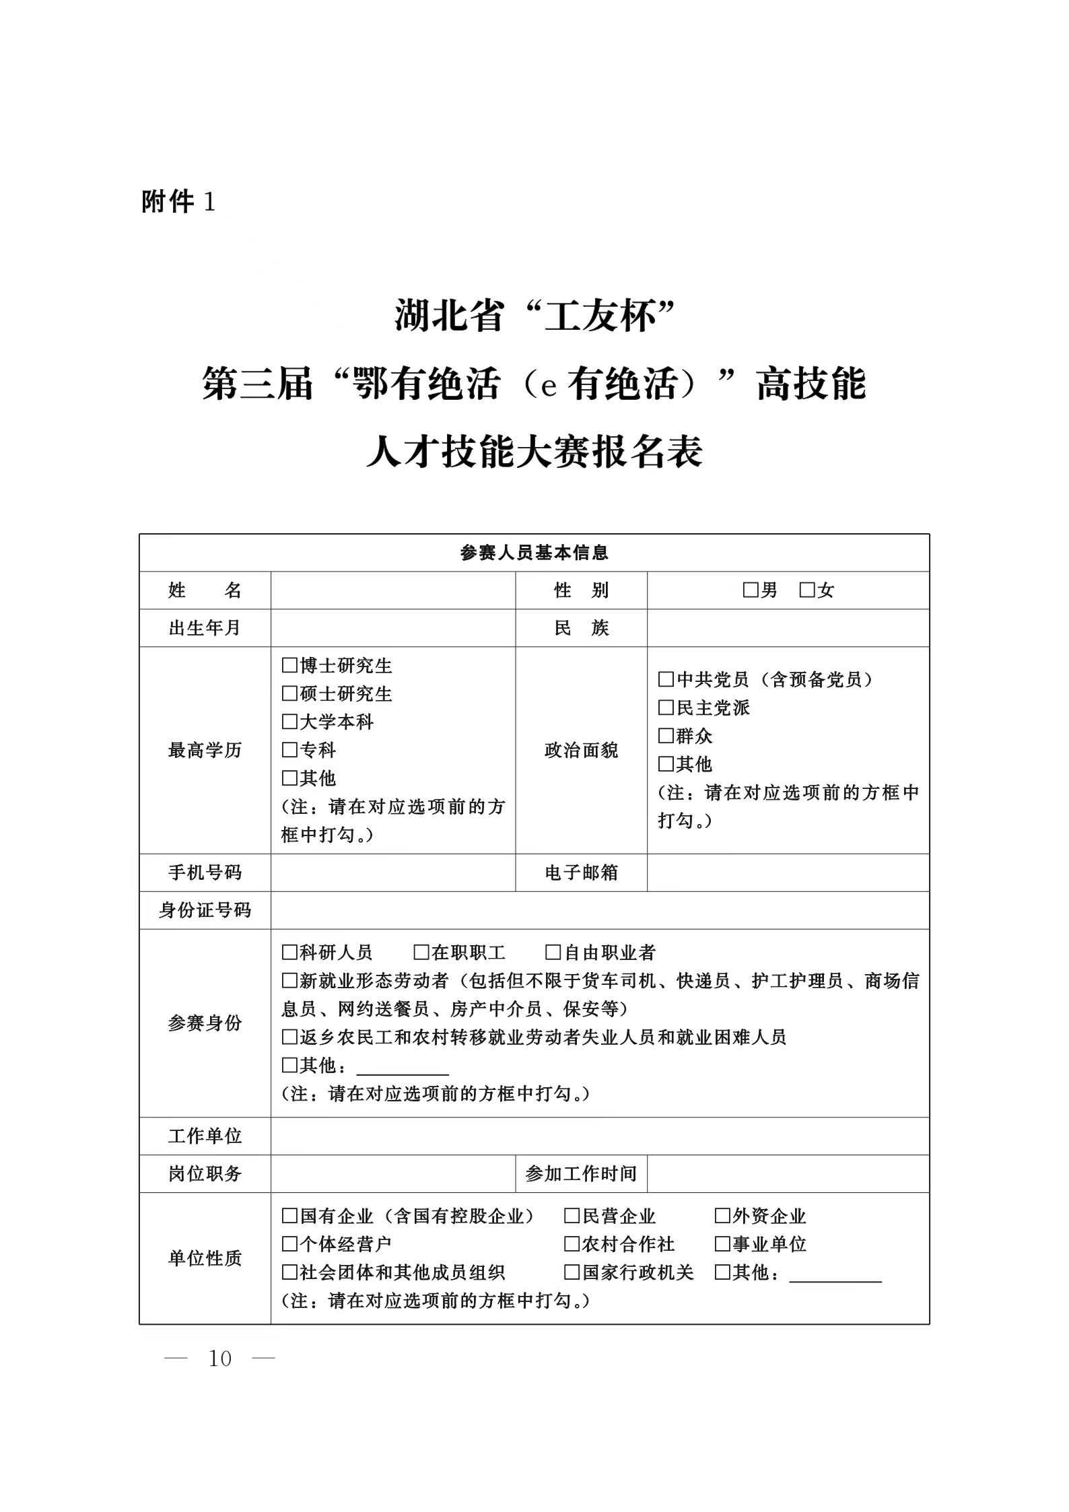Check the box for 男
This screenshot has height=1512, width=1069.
(751, 590)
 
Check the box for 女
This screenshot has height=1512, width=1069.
(807, 590)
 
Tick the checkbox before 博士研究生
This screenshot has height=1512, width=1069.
(289, 666)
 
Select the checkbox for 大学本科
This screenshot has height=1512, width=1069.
(289, 722)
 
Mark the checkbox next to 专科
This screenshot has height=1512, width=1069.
(289, 750)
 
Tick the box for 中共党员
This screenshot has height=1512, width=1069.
(666, 679)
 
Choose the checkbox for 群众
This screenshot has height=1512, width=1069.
(666, 736)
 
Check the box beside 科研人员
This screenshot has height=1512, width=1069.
(289, 953)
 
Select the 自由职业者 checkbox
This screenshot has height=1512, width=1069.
(553, 953)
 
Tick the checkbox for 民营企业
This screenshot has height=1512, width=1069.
(572, 1216)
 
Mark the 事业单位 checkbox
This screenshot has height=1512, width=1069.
(722, 1244)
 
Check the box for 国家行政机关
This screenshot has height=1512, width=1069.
(572, 1272)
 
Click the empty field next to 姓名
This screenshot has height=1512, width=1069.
(392, 590)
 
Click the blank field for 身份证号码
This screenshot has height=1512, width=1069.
(599, 910)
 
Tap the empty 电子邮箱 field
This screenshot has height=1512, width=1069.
(788, 872)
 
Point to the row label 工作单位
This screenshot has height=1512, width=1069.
(205, 1136)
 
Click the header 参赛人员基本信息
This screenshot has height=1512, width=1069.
(534, 553)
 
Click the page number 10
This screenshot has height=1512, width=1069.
(220, 1359)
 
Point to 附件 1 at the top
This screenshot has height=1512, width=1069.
(178, 201)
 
